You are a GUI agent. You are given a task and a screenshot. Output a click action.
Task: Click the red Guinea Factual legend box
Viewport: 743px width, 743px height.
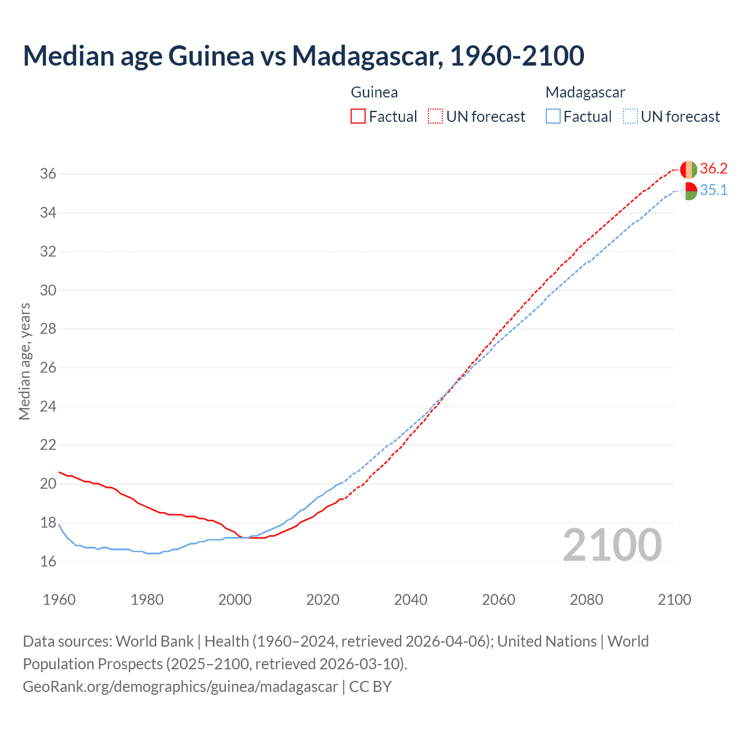point(358,116)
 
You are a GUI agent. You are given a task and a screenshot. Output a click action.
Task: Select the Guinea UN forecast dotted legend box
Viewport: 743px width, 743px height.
point(435,116)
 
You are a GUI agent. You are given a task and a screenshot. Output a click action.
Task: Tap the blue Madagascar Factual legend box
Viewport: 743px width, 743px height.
point(553,116)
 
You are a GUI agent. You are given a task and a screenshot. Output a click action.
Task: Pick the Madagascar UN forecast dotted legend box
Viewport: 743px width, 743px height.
point(630,116)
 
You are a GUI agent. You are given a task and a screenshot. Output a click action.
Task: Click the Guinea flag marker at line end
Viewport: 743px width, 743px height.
point(688,169)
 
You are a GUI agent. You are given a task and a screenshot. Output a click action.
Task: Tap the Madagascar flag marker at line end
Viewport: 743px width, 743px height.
point(688,191)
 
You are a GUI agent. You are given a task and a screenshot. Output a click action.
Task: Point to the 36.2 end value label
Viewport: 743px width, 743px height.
point(713,169)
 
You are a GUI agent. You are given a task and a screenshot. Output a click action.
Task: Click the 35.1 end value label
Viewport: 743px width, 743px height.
point(713,190)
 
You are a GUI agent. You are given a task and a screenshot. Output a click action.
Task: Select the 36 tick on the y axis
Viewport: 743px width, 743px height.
point(48,174)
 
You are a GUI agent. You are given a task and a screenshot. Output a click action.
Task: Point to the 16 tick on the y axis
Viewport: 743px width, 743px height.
point(48,561)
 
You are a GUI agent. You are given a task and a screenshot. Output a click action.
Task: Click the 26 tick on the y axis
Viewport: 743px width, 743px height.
point(48,367)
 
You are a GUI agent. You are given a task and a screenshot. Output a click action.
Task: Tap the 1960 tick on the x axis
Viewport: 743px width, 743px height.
point(59,600)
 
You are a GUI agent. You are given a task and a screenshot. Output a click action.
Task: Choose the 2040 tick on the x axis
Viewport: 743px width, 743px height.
point(410,600)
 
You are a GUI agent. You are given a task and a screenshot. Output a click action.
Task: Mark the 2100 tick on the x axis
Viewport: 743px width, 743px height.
point(674,600)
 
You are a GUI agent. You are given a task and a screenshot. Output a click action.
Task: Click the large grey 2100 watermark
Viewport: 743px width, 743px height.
point(612,545)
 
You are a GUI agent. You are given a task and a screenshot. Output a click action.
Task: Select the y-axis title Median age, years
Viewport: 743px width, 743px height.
point(24,361)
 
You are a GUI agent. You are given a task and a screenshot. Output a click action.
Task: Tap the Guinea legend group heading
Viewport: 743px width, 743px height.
point(374,92)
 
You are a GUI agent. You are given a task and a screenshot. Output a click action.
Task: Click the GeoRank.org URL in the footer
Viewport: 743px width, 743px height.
point(180,687)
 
